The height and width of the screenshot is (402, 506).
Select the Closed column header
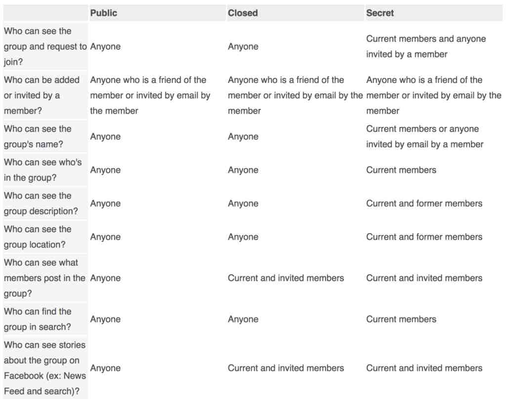click(x=243, y=13)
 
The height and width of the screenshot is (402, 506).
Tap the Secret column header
click(x=380, y=13)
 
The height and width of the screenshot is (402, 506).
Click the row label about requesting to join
click(x=44, y=46)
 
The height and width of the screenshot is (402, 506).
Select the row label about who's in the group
click(x=42, y=170)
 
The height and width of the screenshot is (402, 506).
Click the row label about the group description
click(x=41, y=203)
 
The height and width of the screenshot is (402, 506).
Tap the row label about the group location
click(x=38, y=237)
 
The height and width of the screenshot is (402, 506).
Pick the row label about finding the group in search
click(x=38, y=319)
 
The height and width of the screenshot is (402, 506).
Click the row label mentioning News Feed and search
click(x=44, y=368)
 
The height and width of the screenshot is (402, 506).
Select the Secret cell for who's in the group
click(x=401, y=170)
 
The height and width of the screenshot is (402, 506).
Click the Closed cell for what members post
click(x=286, y=278)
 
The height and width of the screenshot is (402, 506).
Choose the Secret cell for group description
click(x=424, y=203)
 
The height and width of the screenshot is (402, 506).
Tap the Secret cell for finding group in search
click(x=401, y=319)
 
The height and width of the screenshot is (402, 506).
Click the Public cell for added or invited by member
click(x=150, y=95)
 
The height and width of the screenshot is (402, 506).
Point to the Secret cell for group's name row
click(x=424, y=136)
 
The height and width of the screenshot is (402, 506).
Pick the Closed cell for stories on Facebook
click(x=286, y=368)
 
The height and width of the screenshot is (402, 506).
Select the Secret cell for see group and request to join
click(x=425, y=46)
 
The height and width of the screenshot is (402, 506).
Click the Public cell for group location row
click(x=105, y=237)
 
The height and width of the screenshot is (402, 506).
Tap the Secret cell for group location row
click(x=424, y=237)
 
